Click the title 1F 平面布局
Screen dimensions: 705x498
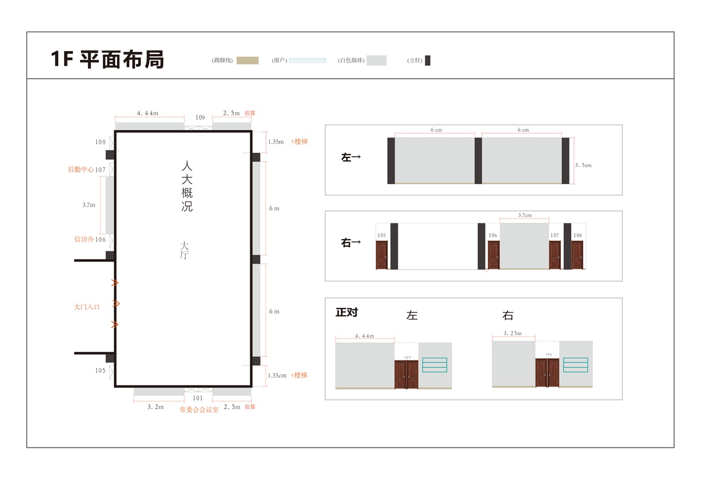pyautogui.click(x=107, y=59)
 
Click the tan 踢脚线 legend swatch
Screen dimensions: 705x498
pyautogui.click(x=248, y=60)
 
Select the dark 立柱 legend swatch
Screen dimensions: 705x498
pyautogui.click(x=428, y=60)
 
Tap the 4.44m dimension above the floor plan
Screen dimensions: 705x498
pyautogui.click(x=147, y=113)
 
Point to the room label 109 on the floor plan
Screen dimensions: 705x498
pyautogui.click(x=200, y=117)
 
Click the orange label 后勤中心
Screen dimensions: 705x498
pyautogui.click(x=81, y=170)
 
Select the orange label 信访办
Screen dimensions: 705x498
pyautogui.click(x=84, y=239)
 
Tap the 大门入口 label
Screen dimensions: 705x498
pyautogui.click(x=86, y=307)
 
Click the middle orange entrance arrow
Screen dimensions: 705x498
pyautogui.click(x=116, y=303)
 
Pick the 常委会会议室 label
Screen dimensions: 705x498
pyautogui.click(x=199, y=409)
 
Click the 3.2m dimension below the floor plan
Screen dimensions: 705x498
pyautogui.click(x=156, y=407)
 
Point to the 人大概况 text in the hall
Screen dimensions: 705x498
pyautogui.click(x=187, y=186)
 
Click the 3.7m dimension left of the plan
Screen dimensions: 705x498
pyautogui.click(x=89, y=205)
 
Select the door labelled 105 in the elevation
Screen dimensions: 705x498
pyautogui.click(x=382, y=255)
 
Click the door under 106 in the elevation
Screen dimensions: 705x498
pyautogui.click(x=494, y=255)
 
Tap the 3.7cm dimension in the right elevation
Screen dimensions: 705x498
pyautogui.click(x=524, y=215)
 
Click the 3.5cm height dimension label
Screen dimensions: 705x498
pyautogui.click(x=583, y=165)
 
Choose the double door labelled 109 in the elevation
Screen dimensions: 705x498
pyautogui.click(x=406, y=375)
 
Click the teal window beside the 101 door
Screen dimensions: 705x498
pyautogui.click(x=576, y=365)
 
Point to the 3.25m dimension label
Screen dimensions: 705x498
pyautogui.click(x=512, y=333)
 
